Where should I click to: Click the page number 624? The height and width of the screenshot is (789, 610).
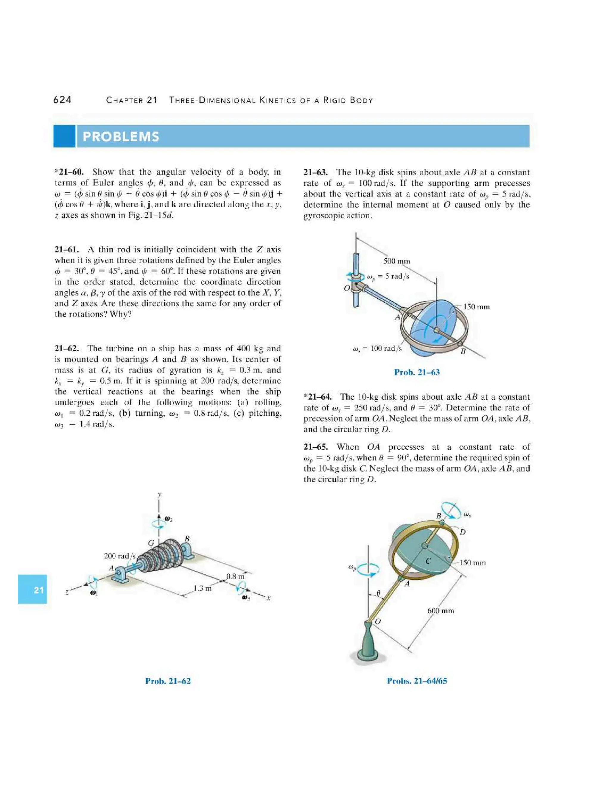62,100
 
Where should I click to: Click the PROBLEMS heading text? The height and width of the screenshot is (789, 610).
121,137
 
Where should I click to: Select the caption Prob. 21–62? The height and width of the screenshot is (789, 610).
168,681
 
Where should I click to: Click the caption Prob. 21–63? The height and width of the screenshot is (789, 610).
417,372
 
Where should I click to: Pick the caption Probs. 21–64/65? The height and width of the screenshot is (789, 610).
417,681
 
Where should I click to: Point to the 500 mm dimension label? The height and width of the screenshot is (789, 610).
396,261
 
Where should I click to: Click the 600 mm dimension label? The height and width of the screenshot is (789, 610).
441,611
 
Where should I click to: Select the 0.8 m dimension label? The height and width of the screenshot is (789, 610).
235,577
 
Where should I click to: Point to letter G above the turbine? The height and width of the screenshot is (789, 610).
151,543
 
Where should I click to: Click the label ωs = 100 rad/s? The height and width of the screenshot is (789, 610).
377,349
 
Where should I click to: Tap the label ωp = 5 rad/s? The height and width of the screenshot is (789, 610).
388,277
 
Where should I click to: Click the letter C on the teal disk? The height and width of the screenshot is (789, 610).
428,561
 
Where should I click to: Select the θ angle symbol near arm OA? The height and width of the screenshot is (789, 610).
378,593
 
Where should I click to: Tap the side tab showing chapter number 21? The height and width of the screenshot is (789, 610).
32,590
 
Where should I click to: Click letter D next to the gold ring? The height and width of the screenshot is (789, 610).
463,532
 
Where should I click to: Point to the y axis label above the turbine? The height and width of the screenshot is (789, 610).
159,494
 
